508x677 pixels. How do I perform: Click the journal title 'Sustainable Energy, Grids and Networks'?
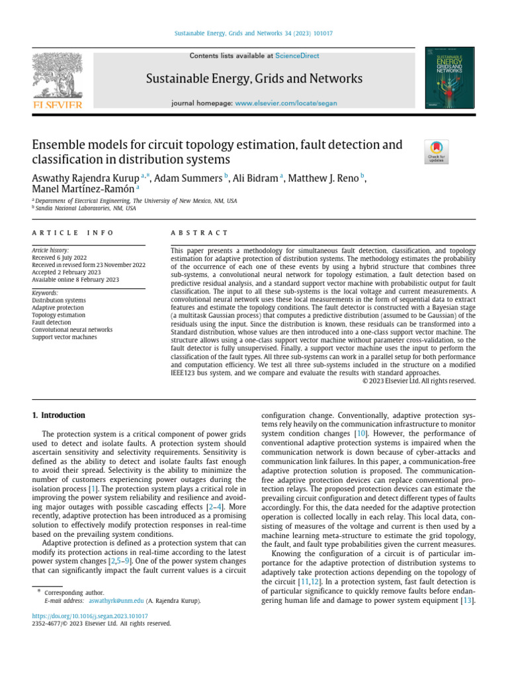[255, 79]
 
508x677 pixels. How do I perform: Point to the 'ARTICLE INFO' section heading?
[73, 233]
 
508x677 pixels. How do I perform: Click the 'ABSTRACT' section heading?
[199, 233]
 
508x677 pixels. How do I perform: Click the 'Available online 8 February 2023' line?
[75, 280]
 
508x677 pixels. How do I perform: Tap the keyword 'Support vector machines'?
[64, 337]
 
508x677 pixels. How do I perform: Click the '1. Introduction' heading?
[59, 415]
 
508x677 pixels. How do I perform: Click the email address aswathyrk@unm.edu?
[116, 601]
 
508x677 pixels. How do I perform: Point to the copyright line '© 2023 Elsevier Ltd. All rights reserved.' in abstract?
[419, 380]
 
